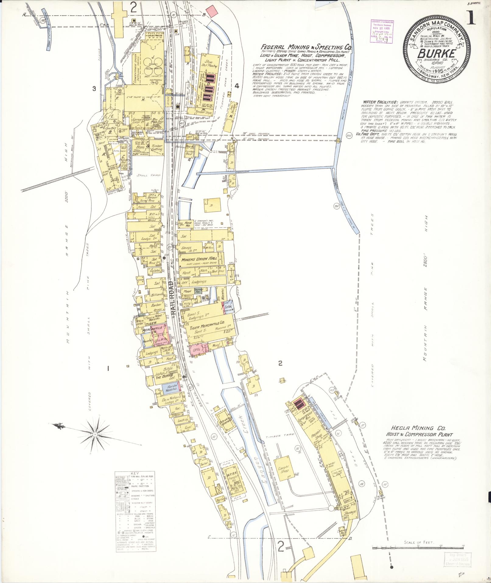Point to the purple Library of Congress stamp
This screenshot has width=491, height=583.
coord(382,31)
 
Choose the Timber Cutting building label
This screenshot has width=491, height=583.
coord(157,148)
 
